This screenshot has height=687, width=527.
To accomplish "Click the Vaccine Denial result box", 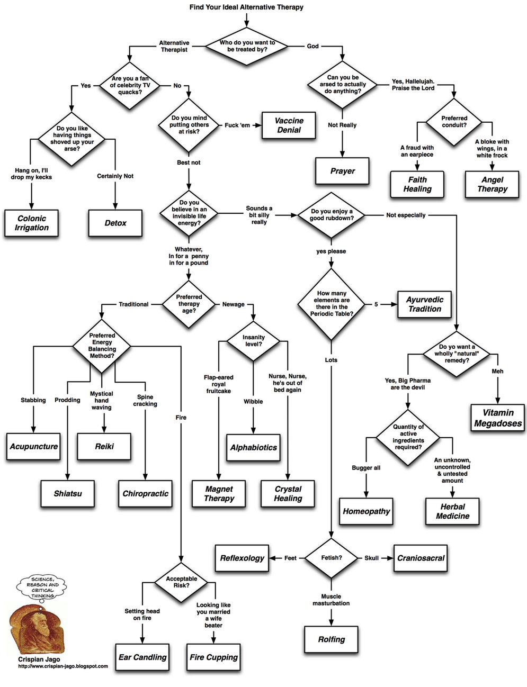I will point(289,125).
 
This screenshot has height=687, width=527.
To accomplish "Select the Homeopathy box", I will point(366,511).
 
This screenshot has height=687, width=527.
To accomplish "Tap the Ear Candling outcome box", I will point(142,657).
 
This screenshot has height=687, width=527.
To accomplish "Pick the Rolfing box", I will point(331,639).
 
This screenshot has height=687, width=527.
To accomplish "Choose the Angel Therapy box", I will point(492,184).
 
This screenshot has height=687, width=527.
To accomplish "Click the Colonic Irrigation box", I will point(32,223).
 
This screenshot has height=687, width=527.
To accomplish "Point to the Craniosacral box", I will point(421,558).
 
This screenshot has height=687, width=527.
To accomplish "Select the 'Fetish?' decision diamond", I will point(332,558).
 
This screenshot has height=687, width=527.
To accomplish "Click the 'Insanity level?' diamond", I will point(253,341).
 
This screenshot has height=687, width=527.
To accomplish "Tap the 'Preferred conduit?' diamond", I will point(454,122).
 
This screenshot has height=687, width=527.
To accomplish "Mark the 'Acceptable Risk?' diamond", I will point(181,582).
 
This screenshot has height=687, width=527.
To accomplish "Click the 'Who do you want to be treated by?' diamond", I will point(247,46).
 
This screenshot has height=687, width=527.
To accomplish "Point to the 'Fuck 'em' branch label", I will point(237,125).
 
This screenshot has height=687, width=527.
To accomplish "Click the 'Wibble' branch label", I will point(253,402).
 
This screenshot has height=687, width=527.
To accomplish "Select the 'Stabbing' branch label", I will point(33,400).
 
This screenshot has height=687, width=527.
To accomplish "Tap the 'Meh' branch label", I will point(497,372).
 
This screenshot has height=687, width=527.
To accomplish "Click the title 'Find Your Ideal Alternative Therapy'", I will point(246,7).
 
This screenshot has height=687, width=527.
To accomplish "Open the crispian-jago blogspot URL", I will point(63,667).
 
